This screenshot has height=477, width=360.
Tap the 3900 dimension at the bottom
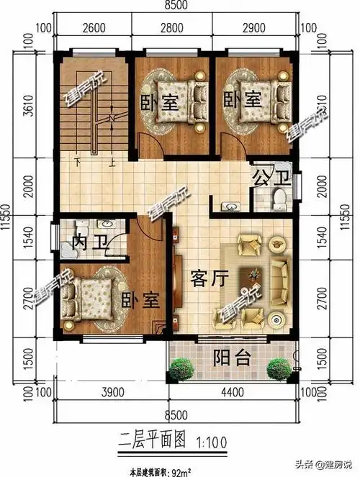(x=109, y=392)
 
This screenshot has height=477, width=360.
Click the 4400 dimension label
(x=233, y=392)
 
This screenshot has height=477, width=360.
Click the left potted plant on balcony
(x=182, y=370)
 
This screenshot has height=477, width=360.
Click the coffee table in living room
(x=256, y=274)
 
